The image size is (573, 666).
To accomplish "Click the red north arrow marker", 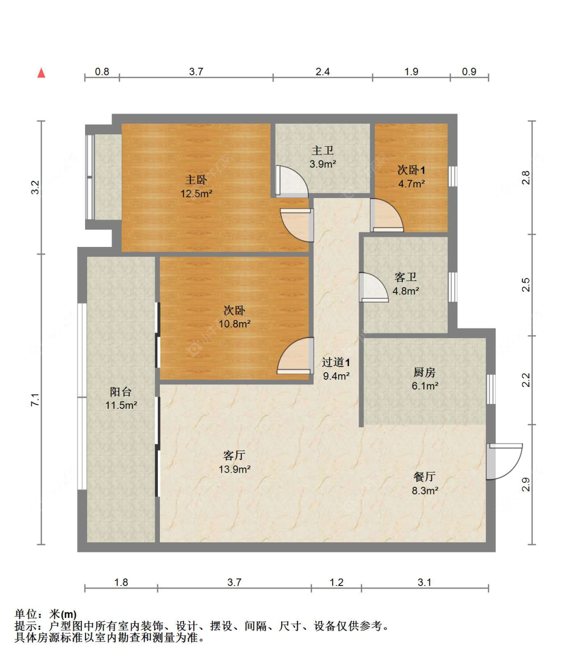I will pyautogui.click(x=41, y=73).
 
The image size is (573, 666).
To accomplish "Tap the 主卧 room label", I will pyautogui.click(x=196, y=180).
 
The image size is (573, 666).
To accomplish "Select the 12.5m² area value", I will pyautogui.click(x=196, y=193).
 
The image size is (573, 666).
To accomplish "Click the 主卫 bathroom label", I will pyautogui.click(x=322, y=150).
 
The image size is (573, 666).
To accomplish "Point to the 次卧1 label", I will pyautogui.click(x=411, y=170).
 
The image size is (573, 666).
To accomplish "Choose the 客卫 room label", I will pyautogui.click(x=405, y=277).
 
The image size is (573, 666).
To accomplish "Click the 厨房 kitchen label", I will pyautogui.click(x=424, y=372).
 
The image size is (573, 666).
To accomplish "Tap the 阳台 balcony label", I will pyautogui.click(x=121, y=392).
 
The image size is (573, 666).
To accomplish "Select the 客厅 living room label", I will pyautogui.click(x=234, y=455).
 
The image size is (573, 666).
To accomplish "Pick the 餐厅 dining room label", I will pyautogui.click(x=424, y=477).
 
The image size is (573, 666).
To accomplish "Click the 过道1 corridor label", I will pyautogui.click(x=336, y=362).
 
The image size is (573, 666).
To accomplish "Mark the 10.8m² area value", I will pyautogui.click(x=234, y=324).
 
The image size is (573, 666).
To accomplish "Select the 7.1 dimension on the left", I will pyautogui.click(x=35, y=400).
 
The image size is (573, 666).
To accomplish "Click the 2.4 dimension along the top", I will pyautogui.click(x=322, y=72).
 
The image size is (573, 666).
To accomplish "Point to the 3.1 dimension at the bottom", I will pyautogui.click(x=424, y=582).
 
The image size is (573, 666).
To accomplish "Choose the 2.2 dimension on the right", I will pyautogui.click(x=526, y=380).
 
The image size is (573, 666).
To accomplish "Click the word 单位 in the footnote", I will pyautogui.click(x=26, y=614).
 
